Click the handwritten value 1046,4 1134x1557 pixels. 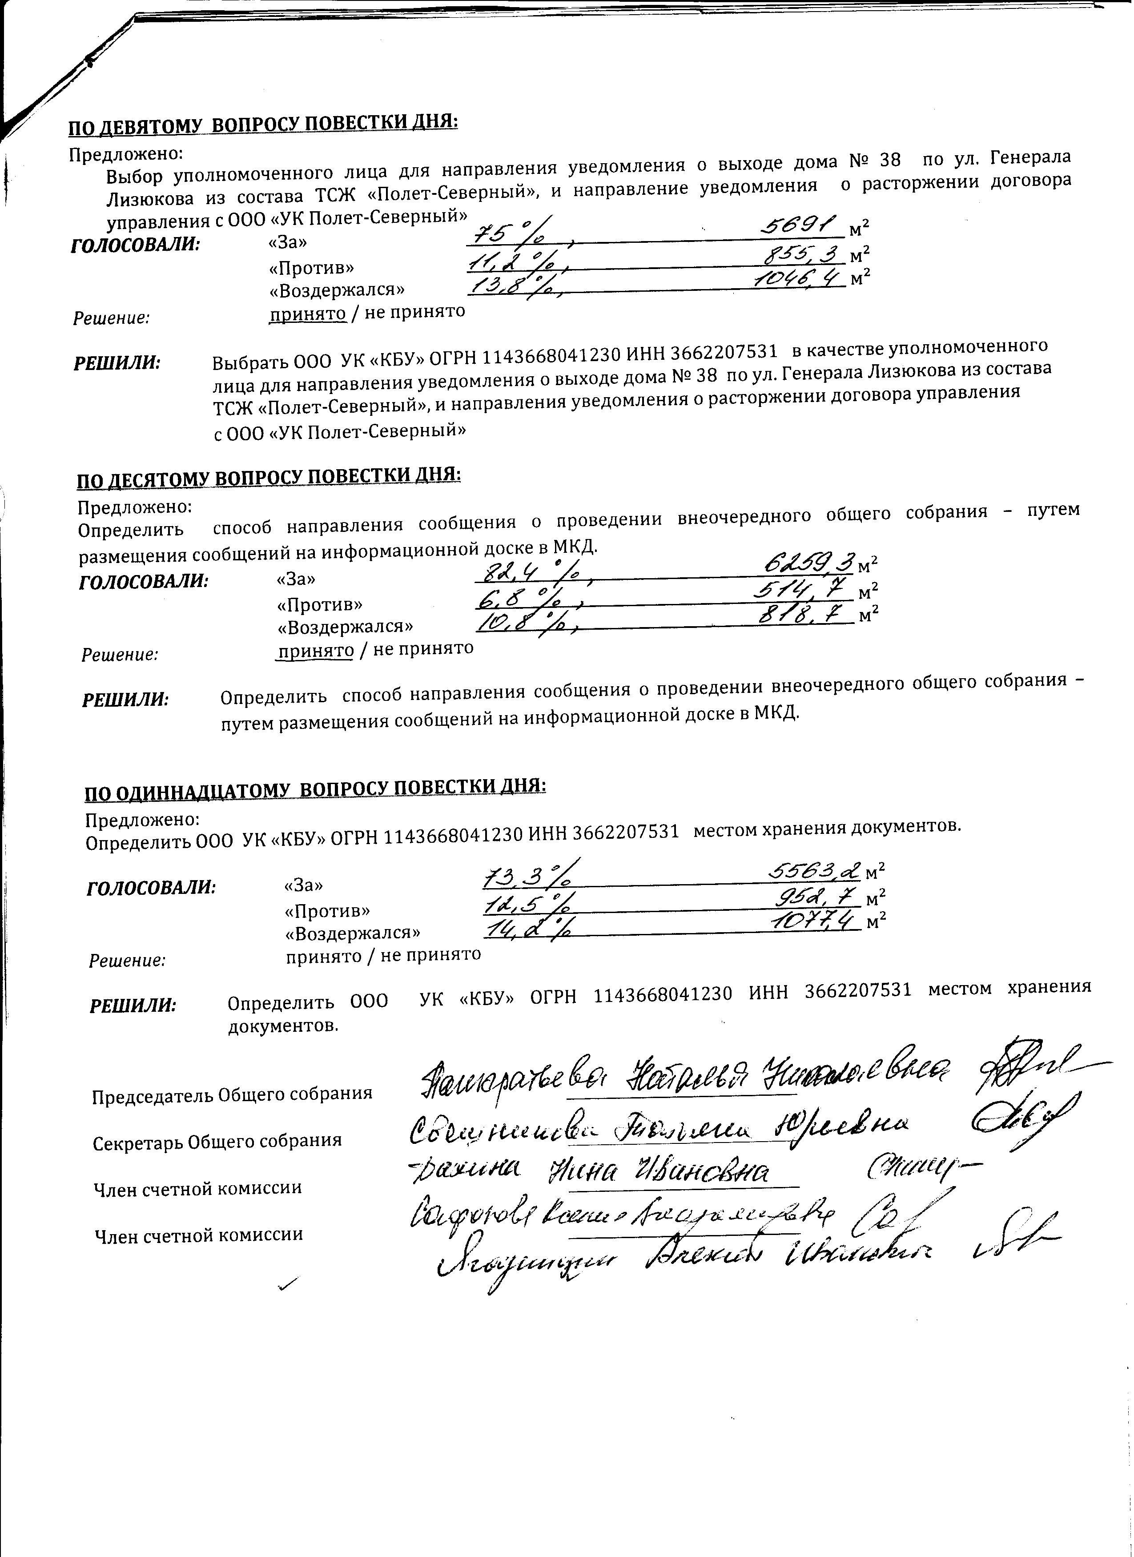click(800, 278)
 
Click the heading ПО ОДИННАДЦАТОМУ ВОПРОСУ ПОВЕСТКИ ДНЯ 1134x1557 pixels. click(315, 789)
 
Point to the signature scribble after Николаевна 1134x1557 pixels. click(1023, 1074)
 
